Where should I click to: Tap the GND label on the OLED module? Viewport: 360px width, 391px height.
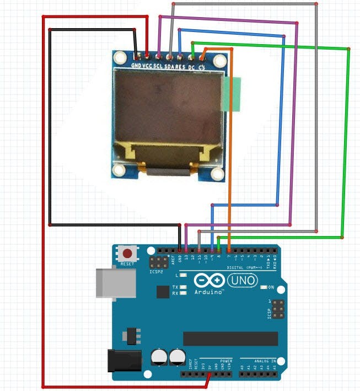136,66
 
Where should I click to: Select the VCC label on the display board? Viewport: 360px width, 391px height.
148,66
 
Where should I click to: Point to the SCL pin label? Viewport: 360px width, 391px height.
159,66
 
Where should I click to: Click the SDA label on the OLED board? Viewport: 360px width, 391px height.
170,66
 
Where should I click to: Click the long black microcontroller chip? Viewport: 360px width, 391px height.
230,338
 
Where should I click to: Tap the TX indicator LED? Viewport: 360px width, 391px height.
184,287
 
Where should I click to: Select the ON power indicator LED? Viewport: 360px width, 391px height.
263,287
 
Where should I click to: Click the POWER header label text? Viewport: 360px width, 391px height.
226,360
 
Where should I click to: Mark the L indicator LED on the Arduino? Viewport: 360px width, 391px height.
184,275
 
